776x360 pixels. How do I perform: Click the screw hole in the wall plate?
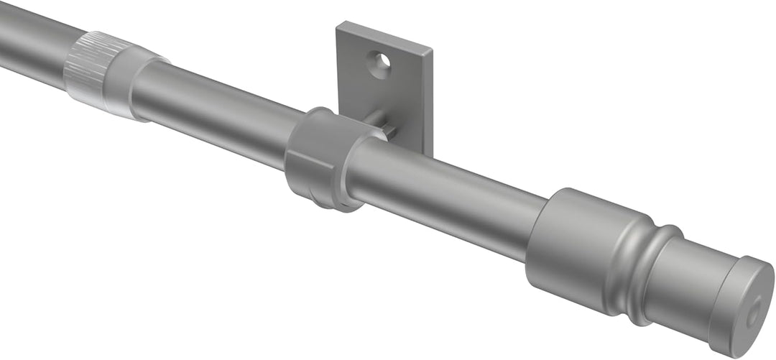(382, 63)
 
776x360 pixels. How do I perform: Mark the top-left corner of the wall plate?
(338, 24)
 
